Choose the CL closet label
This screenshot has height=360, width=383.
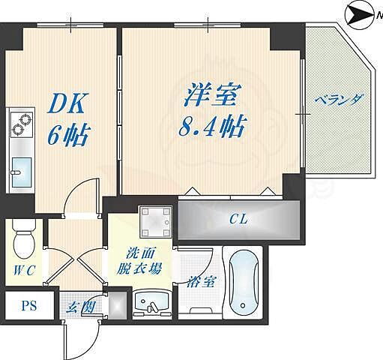coord(238,219)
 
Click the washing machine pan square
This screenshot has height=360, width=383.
coord(155,218)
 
